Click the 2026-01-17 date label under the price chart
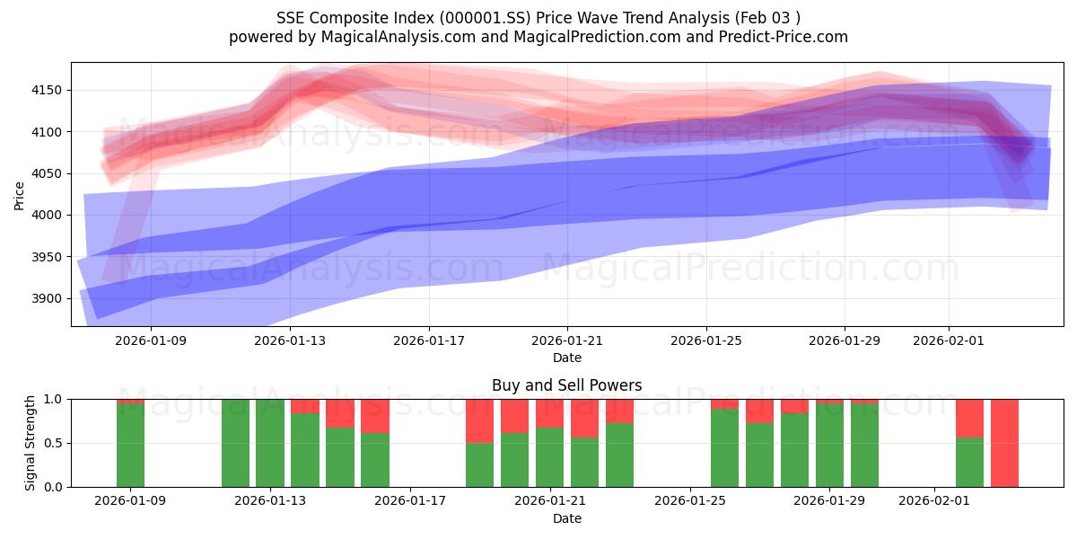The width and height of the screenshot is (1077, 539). [428, 340]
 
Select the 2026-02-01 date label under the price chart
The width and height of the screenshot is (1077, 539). [949, 340]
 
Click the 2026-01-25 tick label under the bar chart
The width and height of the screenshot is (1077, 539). [690, 501]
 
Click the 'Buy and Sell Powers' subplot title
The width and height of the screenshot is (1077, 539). [566, 385]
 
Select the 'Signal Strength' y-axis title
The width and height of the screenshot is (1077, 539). [31, 443]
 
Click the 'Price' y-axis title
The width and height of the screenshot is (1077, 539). [20, 194]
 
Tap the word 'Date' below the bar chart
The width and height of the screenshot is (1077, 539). [566, 518]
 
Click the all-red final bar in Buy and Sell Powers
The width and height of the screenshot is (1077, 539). [1004, 443]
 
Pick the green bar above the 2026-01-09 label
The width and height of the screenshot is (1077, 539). [130, 446]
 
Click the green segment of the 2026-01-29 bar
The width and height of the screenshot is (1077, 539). [829, 445]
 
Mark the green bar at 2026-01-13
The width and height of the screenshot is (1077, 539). [270, 443]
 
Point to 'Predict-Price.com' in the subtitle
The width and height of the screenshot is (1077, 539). [787, 37]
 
